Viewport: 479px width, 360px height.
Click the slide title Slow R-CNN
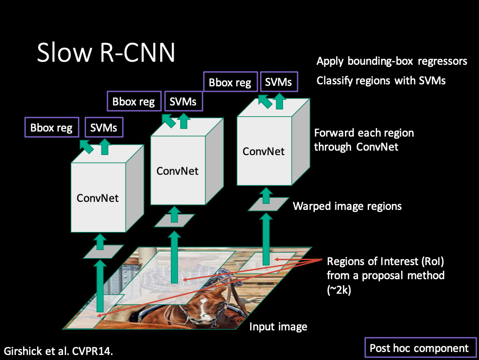click(106, 52)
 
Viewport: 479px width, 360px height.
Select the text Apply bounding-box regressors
click(392, 61)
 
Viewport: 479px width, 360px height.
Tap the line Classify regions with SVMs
click(381, 80)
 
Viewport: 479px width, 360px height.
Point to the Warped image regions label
click(347, 206)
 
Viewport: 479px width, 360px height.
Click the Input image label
click(278, 327)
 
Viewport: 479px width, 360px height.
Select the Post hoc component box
click(419, 348)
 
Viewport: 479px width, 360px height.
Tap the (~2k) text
click(339, 289)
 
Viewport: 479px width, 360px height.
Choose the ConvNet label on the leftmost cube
click(97, 198)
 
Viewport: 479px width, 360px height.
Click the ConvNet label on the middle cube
click(177, 171)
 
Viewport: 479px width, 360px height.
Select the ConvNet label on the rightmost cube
click(264, 151)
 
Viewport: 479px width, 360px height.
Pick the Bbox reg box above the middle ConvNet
click(134, 101)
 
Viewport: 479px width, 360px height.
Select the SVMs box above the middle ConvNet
click(183, 101)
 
